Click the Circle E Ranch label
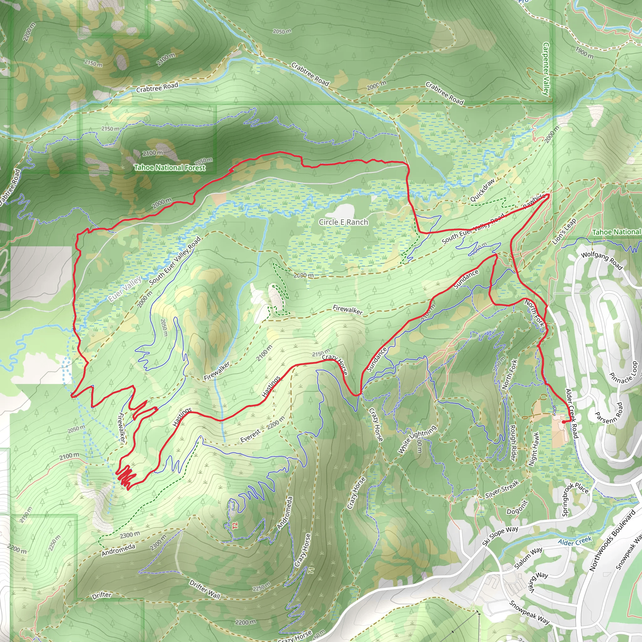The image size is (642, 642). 343,222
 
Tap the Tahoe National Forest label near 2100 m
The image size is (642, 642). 170,167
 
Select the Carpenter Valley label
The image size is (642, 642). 546,69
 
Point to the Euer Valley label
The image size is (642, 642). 125,289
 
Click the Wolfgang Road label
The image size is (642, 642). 602,261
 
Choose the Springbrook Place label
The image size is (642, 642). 575,499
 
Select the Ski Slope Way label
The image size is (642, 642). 500,536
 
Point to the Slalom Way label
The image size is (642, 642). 528,558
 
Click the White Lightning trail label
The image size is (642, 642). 417,439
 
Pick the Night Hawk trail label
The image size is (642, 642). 533,449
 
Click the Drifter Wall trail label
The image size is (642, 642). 205,589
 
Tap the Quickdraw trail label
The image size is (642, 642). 482,190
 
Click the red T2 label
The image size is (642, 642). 235,526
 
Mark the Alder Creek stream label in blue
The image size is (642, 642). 575,542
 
